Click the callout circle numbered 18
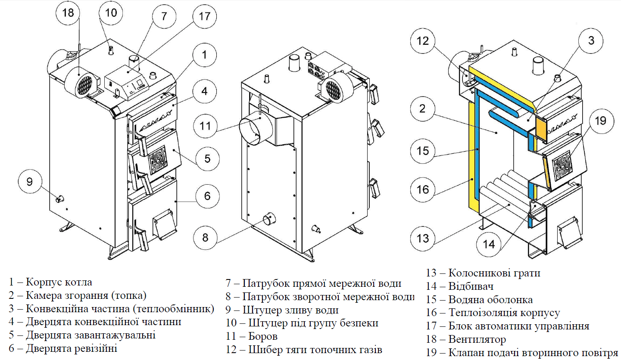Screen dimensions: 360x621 point(68,13)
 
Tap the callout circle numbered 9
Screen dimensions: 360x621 point(29,182)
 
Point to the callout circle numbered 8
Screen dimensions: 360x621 point(205,237)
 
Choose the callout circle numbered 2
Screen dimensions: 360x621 point(422,108)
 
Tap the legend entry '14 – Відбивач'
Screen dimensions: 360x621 point(459,286)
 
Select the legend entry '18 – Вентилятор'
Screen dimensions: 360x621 point(466,340)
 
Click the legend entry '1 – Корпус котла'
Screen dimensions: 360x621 point(50,282)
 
